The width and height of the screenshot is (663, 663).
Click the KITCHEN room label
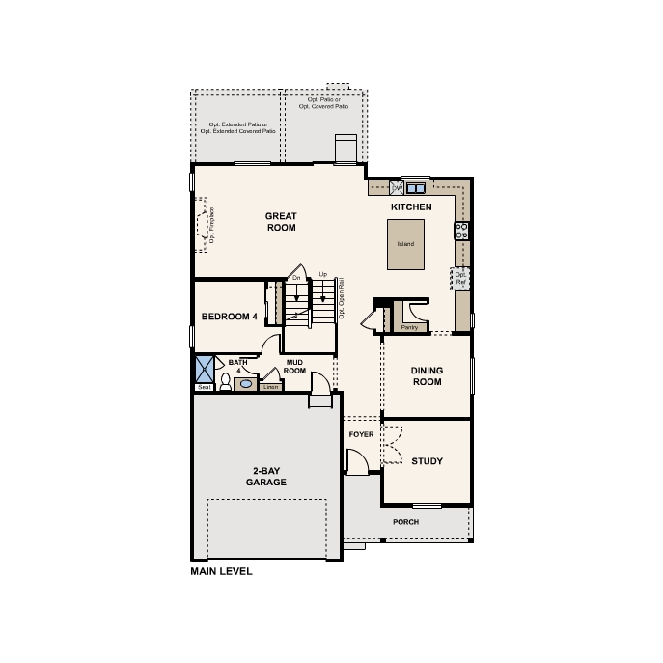410,207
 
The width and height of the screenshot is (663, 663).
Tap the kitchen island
405,243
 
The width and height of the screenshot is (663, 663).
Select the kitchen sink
417,187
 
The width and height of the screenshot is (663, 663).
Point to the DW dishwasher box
397,187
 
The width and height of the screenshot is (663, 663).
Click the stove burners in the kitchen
461,230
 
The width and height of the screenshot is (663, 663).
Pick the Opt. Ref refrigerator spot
460,278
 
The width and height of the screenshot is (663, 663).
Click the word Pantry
409,327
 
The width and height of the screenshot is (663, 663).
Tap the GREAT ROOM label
281,222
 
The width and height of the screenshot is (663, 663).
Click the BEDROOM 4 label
229,317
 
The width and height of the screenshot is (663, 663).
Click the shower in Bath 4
204,369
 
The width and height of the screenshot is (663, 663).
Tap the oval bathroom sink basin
245,383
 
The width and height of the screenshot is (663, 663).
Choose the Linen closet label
269,387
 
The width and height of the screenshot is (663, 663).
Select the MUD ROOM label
295,367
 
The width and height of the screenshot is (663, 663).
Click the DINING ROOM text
427,375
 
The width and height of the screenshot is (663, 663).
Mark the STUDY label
427,461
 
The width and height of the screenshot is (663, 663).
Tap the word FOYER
361,435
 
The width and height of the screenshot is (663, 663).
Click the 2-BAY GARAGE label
265,476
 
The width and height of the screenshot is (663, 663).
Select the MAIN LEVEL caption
222,571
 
